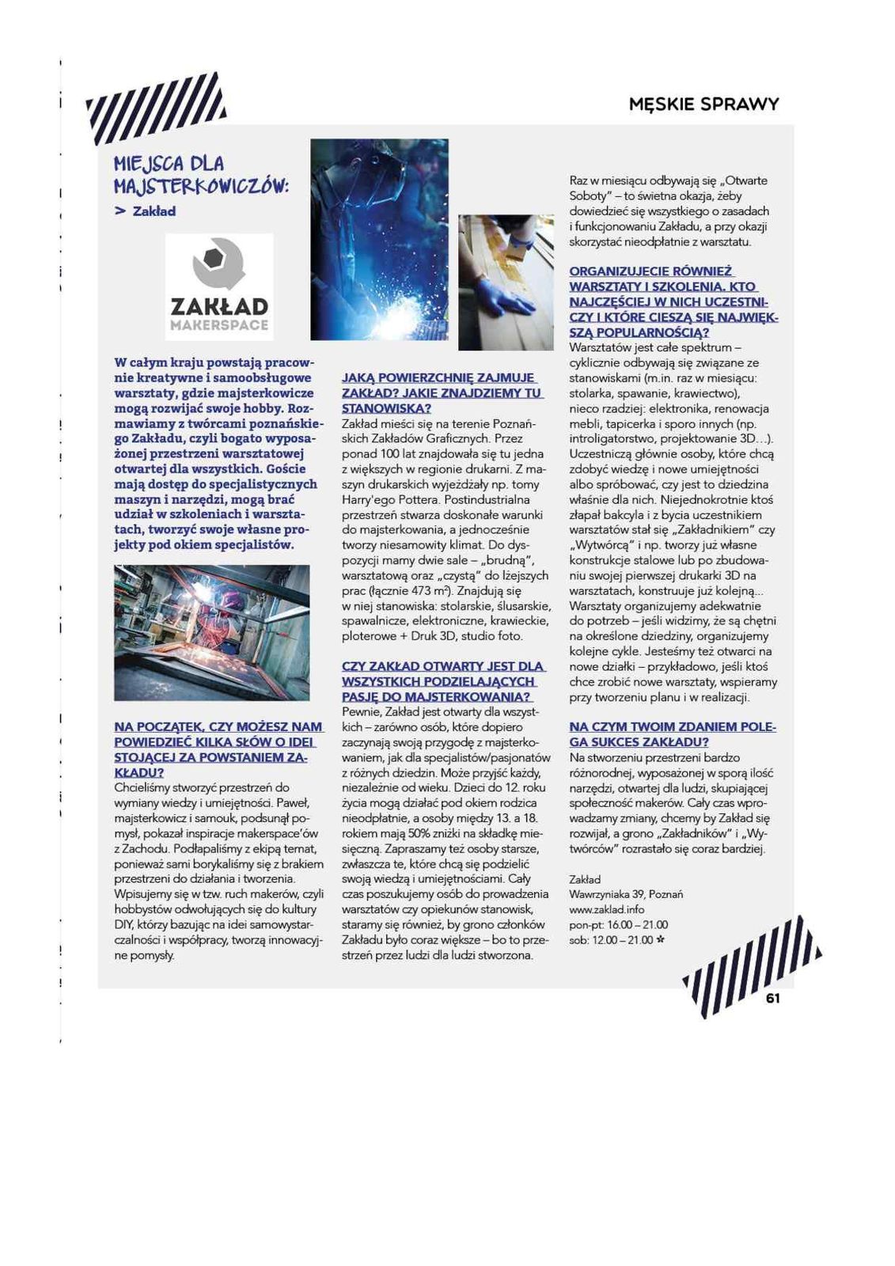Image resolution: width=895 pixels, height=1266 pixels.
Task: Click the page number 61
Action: tap(772, 998)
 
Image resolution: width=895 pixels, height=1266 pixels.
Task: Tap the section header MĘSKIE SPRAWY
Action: tap(703, 104)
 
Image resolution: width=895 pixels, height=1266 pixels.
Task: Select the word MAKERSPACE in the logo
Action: tap(219, 324)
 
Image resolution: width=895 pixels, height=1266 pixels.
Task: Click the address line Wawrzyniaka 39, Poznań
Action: tap(625, 894)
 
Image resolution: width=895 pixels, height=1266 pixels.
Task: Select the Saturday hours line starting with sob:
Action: tap(611, 940)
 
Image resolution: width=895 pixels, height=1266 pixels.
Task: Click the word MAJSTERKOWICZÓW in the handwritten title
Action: tap(201, 186)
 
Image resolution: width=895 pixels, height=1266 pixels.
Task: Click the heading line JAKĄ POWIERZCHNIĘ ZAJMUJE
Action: tap(438, 377)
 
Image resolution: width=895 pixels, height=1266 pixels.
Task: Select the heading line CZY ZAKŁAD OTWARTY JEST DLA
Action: tap(442, 666)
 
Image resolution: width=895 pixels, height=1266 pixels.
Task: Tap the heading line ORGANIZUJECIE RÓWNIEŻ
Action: tap(650, 271)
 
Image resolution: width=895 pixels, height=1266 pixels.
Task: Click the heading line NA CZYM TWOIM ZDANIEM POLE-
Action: tap(672, 726)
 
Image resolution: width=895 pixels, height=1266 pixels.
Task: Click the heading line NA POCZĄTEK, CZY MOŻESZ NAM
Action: tap(218, 726)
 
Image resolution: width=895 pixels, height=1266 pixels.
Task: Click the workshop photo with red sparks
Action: tap(211, 632)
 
